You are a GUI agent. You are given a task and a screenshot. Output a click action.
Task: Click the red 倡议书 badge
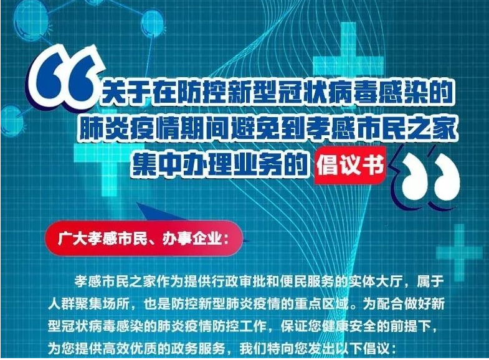pyautogui.click(x=351, y=165)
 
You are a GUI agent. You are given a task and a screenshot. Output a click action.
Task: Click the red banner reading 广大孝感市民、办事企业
pyautogui.click(x=144, y=239)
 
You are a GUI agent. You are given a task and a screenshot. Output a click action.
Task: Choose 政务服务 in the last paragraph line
pyautogui.click(x=198, y=348)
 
